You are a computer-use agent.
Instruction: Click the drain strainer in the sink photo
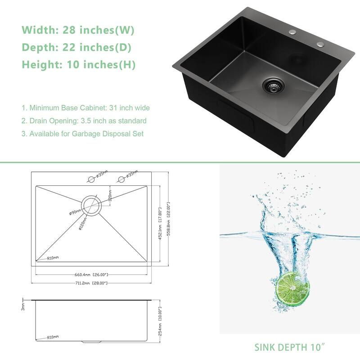point(271,84)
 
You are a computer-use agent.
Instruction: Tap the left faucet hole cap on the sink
point(293,32)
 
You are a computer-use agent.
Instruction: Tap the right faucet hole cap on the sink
point(321,44)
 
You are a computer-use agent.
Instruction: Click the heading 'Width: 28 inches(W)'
point(78,30)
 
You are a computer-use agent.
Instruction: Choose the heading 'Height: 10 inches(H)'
point(79,65)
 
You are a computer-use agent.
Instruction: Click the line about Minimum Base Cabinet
point(85,108)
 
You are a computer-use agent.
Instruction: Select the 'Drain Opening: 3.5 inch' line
point(84,121)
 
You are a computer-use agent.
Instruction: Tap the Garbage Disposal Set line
point(82,134)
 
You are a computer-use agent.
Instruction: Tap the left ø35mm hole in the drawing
point(91,179)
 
